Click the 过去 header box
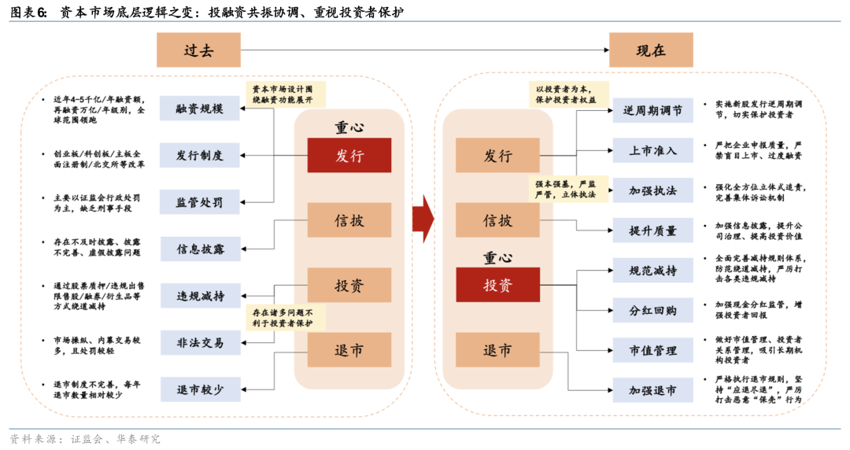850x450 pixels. (x=198, y=50)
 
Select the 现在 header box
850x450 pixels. (x=651, y=50)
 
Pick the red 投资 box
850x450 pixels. (x=497, y=285)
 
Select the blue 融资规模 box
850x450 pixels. (x=200, y=109)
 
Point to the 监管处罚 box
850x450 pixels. (x=200, y=202)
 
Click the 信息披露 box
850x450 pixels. (x=200, y=249)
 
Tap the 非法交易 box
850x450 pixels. (x=200, y=343)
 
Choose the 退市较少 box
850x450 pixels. (x=200, y=389)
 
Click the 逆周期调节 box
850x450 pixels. (x=652, y=110)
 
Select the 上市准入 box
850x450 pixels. (x=652, y=150)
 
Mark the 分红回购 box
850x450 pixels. (x=652, y=310)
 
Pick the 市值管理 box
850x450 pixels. (x=652, y=350)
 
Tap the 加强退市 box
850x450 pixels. (x=652, y=389)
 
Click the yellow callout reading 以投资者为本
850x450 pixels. (x=566, y=94)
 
